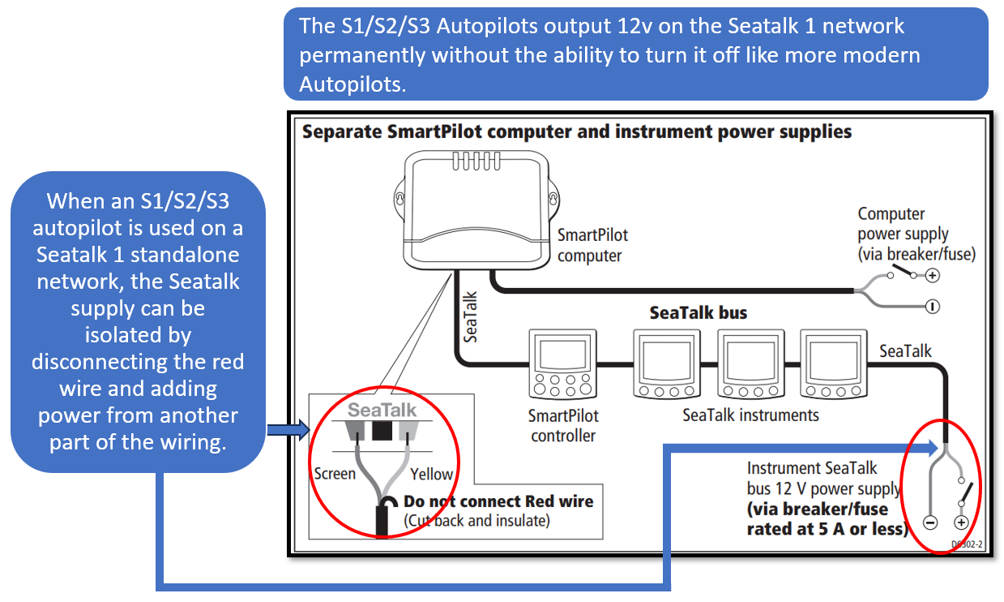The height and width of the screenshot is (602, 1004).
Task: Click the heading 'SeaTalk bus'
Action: coord(699,312)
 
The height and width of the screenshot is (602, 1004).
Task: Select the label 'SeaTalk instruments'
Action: coord(750,415)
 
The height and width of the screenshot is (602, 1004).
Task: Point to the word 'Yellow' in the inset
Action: coord(431,474)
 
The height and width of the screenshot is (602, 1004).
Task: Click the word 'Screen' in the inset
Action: coord(335,473)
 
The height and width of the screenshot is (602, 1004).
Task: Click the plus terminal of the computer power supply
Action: coord(933,276)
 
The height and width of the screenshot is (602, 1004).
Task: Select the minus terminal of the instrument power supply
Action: coord(930,523)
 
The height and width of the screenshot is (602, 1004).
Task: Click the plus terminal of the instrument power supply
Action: coord(961,523)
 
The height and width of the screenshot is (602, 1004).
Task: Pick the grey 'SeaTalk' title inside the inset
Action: coord(382,410)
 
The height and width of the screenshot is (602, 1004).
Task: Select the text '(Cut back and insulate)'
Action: coord(476,521)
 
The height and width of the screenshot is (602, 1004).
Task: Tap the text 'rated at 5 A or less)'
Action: coord(826,528)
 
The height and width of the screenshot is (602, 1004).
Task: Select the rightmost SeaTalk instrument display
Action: coord(834,363)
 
